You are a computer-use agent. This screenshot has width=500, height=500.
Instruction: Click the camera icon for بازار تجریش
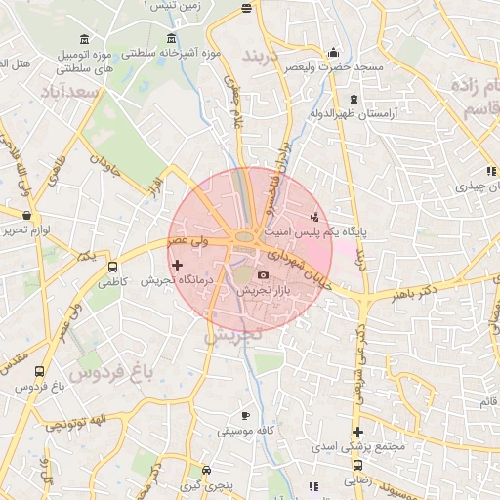(263, 276)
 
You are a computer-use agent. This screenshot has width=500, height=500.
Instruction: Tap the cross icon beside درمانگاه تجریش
(177, 265)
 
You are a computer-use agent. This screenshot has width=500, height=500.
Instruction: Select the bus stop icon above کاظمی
(112, 267)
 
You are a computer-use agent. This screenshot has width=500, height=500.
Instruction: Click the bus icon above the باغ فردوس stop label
(39, 372)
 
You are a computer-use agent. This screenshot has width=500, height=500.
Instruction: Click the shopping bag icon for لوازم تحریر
(25, 215)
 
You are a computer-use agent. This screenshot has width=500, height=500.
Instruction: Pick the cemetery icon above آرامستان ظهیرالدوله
(353, 100)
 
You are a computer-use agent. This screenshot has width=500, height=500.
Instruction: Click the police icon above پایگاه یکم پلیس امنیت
(314, 216)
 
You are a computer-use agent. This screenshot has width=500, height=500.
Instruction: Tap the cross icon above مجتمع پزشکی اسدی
(358, 432)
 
